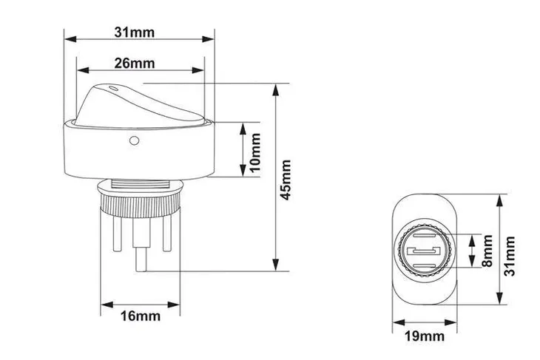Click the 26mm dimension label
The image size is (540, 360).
135,64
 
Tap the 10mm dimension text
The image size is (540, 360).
254,153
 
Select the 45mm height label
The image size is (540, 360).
286,180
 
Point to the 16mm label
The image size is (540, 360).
140,316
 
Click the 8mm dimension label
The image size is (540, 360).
487,251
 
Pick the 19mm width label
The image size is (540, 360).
425,336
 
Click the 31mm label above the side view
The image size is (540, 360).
135,33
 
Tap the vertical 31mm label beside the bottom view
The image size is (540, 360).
510,256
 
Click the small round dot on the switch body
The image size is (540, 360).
134,140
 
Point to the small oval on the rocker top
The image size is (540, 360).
112,89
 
